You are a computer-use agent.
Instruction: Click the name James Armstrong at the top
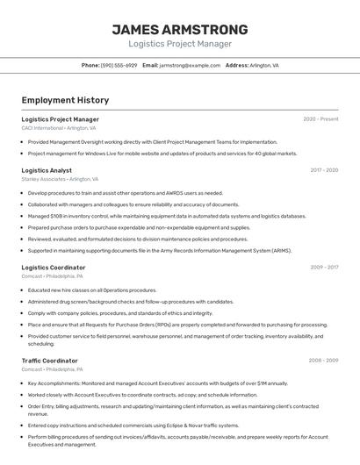tap(179, 29)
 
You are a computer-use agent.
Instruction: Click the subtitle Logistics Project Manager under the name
tap(179, 44)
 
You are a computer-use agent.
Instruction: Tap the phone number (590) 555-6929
tap(119, 65)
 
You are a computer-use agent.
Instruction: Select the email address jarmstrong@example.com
tap(190, 65)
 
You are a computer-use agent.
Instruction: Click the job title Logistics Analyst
tap(47, 170)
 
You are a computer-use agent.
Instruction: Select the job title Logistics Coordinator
tap(54, 268)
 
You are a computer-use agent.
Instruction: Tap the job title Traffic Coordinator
tap(49, 361)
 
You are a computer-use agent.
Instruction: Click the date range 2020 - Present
tap(320, 119)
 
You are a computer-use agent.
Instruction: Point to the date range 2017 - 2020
tap(324, 170)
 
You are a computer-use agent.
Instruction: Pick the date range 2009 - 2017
tap(324, 268)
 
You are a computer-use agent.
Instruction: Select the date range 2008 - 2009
tap(323, 361)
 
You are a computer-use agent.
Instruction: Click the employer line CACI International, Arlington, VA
tap(58, 128)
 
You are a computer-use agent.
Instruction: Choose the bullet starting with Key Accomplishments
tap(157, 383)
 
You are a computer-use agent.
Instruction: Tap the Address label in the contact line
tap(237, 65)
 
